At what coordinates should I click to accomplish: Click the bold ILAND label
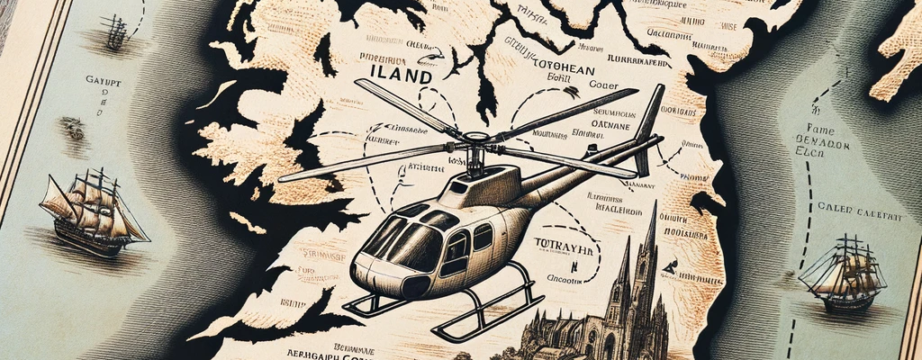pos(407,77)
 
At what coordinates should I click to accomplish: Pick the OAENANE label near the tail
pos(592,125)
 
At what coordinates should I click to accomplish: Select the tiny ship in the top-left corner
pos(114,31)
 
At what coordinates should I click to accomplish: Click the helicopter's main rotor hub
pos(470,144)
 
